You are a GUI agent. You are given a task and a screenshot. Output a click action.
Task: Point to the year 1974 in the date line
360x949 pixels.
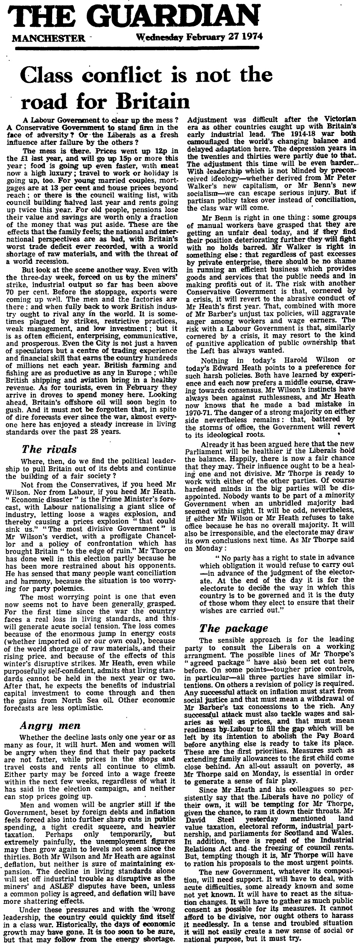pos(252,37)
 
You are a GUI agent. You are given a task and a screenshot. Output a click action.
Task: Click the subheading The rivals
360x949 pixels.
pos(54,449)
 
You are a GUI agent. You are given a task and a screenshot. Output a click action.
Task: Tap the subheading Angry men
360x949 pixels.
pos(51,725)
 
